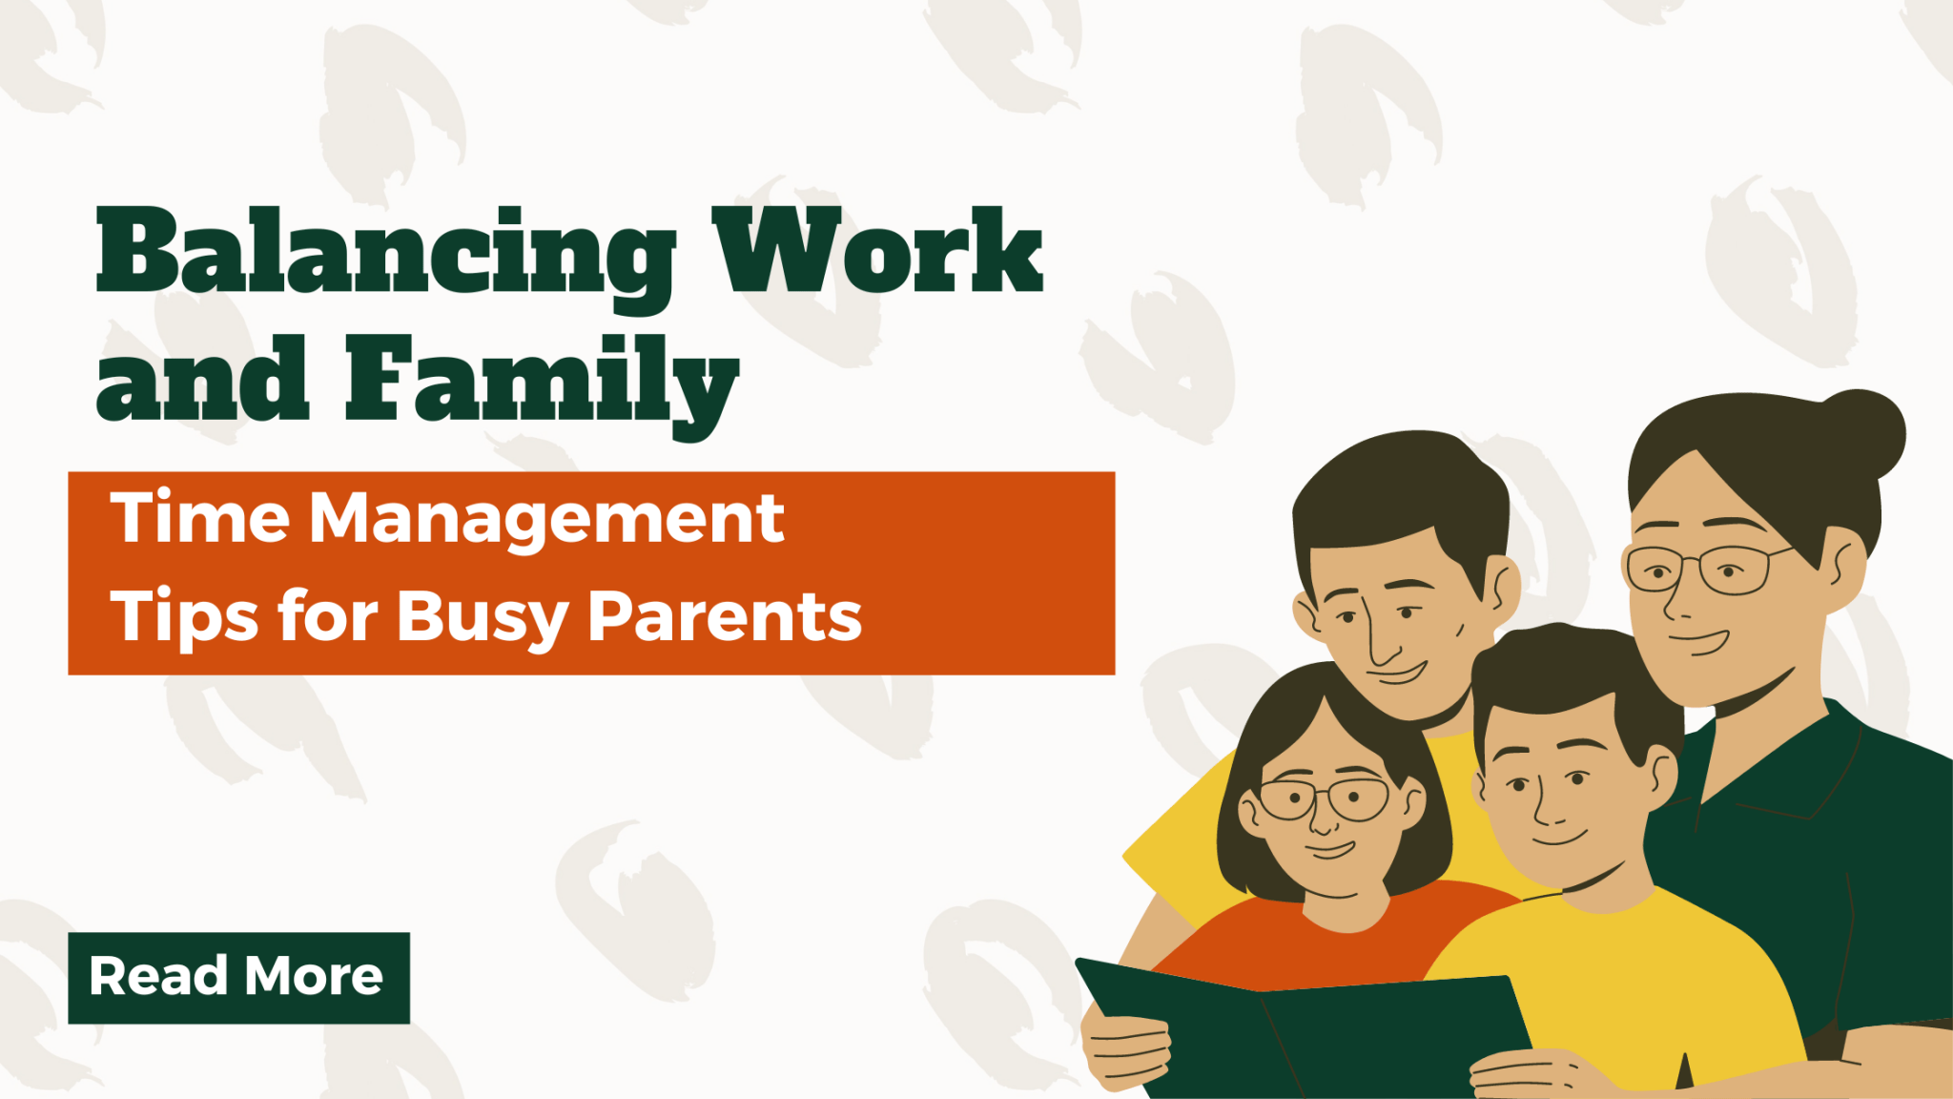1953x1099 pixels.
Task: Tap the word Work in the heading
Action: (x=877, y=250)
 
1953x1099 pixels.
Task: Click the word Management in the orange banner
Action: (x=546, y=521)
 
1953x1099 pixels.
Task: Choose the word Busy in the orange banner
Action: (x=482, y=618)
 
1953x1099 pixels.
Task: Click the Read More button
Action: (x=238, y=977)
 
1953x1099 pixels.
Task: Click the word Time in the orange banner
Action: (x=200, y=519)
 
